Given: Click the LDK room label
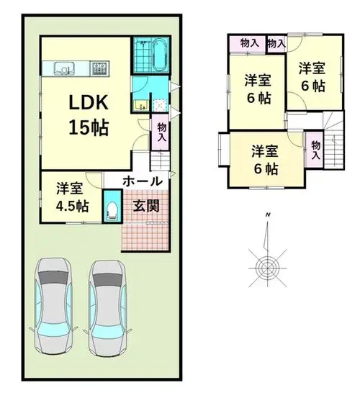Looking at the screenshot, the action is point(89,101).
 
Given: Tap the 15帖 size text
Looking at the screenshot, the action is point(89,127).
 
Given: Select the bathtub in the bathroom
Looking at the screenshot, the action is point(159,55).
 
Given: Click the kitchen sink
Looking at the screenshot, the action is point(64,68).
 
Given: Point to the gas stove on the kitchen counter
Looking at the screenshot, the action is point(99,68).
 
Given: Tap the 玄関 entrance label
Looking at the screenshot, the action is point(146,206).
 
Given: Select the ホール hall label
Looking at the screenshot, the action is point(143,181).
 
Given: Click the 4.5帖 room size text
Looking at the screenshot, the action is point(72,206).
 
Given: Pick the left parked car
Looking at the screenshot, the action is point(53,306).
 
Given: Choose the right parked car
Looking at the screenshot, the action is point(108,306).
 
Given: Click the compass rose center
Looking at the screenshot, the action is point(268,268).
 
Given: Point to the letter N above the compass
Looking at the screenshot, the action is point(268,214).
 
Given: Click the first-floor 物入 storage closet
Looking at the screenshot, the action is point(160,132).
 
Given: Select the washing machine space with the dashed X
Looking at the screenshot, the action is point(160,105).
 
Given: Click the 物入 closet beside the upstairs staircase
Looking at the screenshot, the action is point(314,150).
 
